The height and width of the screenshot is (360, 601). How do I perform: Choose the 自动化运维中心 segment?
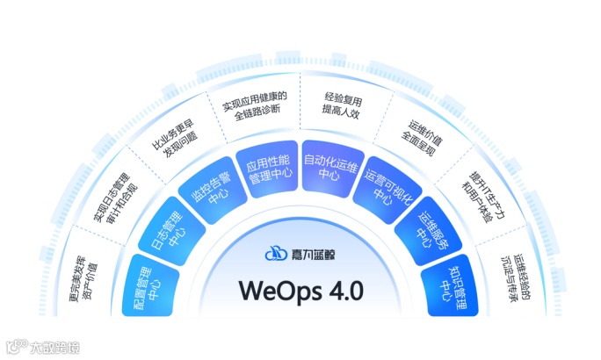tap(331, 163)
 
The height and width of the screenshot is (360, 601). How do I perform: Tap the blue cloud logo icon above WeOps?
tap(276, 255)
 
